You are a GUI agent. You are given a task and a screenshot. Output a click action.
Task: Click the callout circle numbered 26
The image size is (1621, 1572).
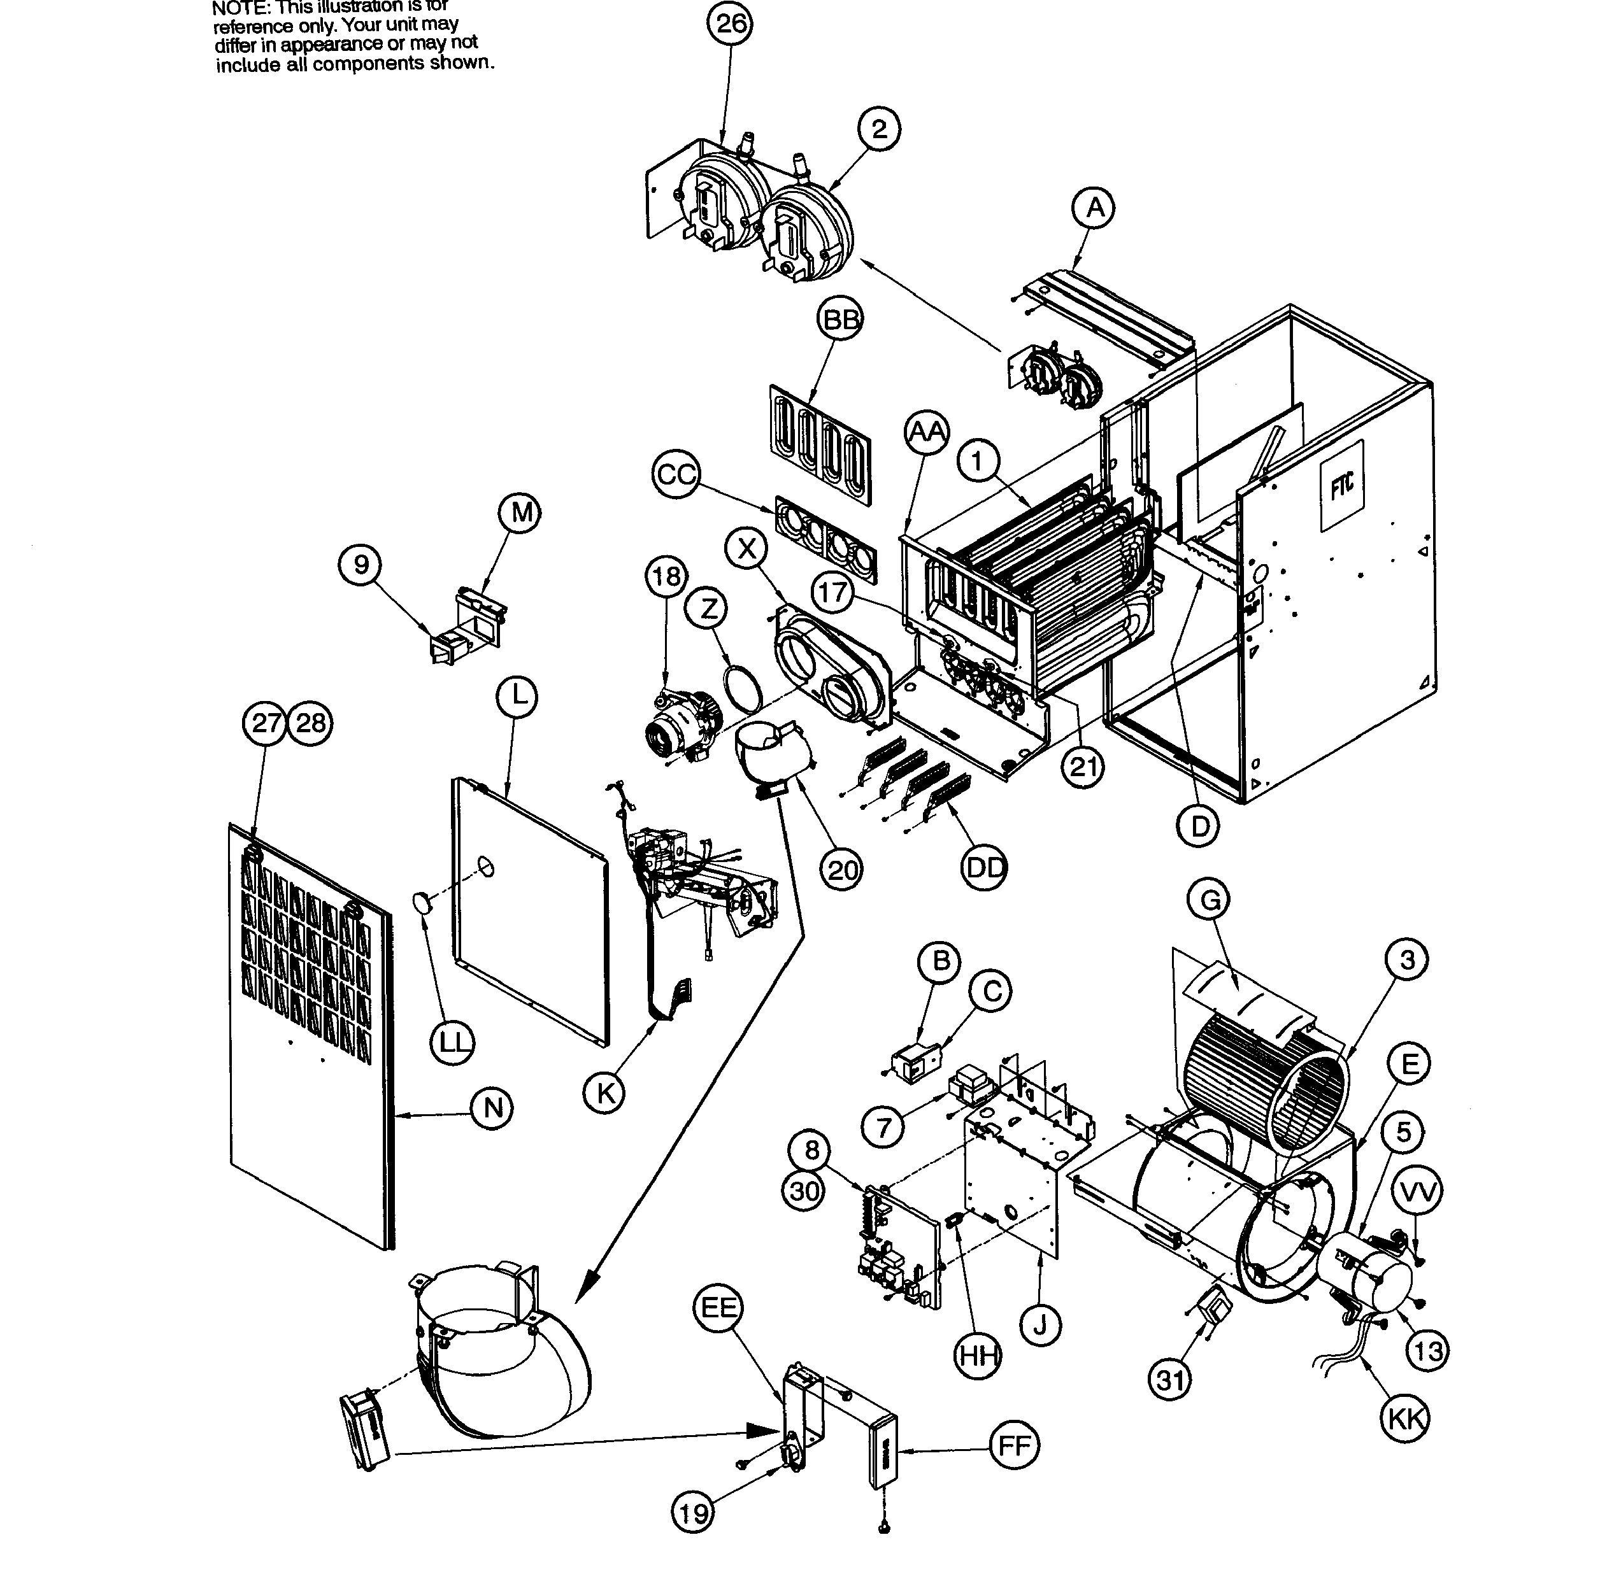[x=731, y=23]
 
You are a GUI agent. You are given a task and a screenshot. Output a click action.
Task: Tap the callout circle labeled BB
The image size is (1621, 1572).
[x=840, y=319]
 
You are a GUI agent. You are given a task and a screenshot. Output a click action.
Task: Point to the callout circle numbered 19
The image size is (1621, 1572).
[x=692, y=1512]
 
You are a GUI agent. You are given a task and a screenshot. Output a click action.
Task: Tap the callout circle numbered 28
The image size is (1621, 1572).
[x=311, y=723]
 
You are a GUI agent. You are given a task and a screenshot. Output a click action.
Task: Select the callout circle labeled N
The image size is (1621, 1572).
[x=492, y=1107]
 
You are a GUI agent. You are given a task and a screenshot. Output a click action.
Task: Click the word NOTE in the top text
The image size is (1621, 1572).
[x=241, y=8]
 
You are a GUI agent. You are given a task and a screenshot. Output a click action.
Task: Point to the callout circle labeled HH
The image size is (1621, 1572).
[x=978, y=1356]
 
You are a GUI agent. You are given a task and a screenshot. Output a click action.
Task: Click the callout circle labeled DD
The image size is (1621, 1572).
[x=984, y=867]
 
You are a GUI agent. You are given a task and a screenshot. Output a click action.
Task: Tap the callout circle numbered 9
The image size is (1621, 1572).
[x=361, y=565]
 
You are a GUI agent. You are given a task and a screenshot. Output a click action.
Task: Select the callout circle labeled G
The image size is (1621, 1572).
[x=1209, y=900]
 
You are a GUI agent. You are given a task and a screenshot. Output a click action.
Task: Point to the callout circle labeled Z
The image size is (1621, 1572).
[x=707, y=609]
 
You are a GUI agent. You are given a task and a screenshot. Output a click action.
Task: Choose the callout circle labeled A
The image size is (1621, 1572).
[x=1094, y=208]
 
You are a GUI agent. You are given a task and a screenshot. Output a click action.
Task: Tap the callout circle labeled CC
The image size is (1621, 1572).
[x=676, y=475]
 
